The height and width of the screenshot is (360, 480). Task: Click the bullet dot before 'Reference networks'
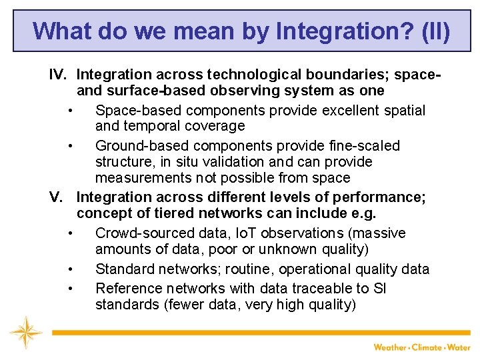click(x=69, y=289)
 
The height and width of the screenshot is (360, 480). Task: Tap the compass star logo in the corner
click(x=26, y=331)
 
